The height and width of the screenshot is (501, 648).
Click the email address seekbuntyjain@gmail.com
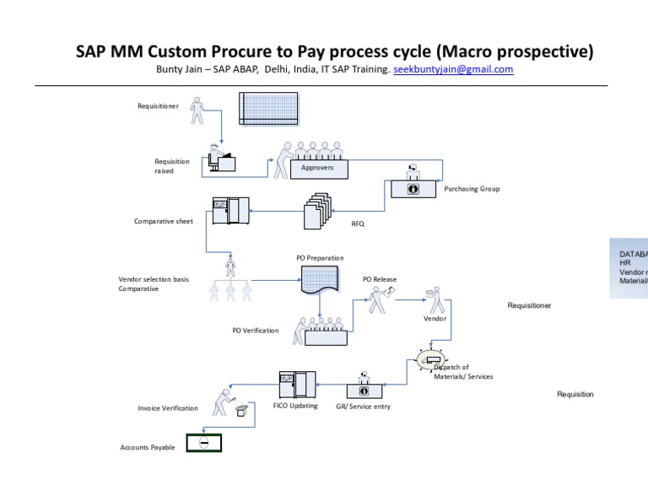[453, 70]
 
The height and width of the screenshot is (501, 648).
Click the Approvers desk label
[318, 168]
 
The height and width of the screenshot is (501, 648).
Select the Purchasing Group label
[472, 189]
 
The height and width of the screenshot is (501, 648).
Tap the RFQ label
[358, 224]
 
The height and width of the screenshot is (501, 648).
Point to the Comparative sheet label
[164, 222]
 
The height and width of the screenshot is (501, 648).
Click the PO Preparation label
[320, 257]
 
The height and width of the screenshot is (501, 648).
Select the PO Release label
[380, 279]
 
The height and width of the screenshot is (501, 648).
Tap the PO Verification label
[255, 331]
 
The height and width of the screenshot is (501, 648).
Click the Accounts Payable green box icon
[203, 443]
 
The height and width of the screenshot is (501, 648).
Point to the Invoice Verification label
[168, 408]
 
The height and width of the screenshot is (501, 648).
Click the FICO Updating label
[295, 406]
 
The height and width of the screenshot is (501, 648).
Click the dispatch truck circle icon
[433, 361]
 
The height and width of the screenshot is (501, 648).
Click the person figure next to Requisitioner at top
[197, 110]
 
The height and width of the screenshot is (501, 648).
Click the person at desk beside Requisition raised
[222, 159]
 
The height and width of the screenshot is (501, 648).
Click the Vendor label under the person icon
[435, 319]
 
